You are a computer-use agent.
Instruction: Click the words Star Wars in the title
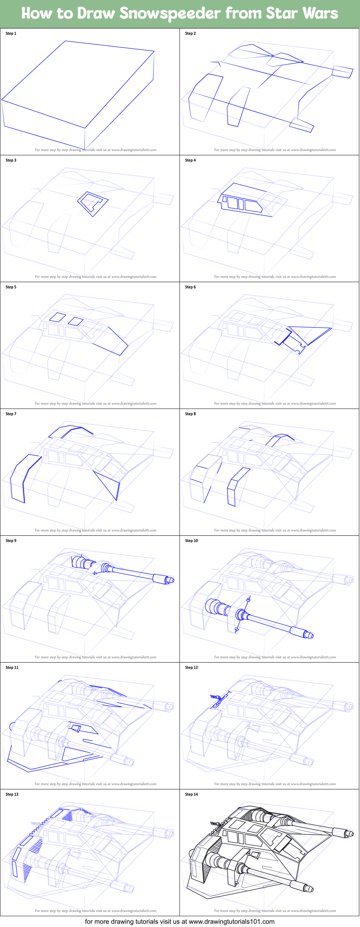302,14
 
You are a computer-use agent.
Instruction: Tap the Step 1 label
11,34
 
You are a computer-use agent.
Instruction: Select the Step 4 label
190,160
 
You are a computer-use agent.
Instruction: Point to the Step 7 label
11,414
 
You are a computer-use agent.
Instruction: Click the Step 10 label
191,541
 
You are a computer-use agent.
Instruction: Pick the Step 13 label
12,794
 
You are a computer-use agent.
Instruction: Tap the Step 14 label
191,794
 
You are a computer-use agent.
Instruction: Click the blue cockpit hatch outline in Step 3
93,204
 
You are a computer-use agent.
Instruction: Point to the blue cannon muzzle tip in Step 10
310,635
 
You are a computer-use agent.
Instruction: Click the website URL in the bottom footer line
231,922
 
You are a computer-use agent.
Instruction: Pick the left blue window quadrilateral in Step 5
57,317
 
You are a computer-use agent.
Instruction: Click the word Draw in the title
96,14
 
